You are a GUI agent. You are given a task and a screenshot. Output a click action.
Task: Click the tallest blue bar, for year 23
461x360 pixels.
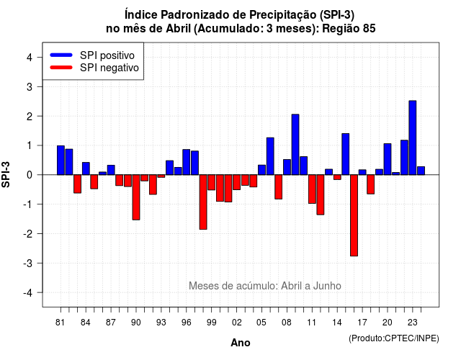pyautogui.click(x=413, y=138)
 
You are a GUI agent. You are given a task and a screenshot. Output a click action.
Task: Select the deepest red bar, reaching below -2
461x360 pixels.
pyautogui.click(x=354, y=215)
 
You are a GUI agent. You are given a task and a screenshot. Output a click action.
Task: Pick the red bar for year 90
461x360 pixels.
pyautogui.click(x=136, y=197)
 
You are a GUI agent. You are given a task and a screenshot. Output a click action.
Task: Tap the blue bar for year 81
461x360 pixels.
pyautogui.click(x=61, y=160)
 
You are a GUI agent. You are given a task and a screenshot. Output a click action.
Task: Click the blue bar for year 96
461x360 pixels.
pyautogui.click(x=187, y=162)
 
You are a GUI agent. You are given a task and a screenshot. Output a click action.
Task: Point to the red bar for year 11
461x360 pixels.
pyautogui.click(x=312, y=189)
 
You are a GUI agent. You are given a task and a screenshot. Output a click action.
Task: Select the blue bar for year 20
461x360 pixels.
pyautogui.click(x=388, y=159)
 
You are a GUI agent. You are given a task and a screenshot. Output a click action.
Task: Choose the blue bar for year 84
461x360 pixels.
pyautogui.click(x=86, y=168)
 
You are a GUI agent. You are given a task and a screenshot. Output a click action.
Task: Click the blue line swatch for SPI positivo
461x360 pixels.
pyautogui.click(x=61, y=55)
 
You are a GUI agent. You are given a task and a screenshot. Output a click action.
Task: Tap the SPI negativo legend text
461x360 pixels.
pyautogui.click(x=109, y=68)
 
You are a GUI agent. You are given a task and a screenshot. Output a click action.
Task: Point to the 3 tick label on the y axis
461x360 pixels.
pyautogui.click(x=30, y=86)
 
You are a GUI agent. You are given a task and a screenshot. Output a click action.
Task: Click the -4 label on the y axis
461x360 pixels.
pyautogui.click(x=28, y=293)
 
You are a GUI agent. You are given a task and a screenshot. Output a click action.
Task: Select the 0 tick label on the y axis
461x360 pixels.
pyautogui.click(x=30, y=175)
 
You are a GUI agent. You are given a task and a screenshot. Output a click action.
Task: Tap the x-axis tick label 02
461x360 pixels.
pyautogui.click(x=237, y=323)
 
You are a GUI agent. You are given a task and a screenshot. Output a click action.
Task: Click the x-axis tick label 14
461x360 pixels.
pyautogui.click(x=337, y=323)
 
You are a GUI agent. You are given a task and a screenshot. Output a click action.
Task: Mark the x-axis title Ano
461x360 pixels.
pyautogui.click(x=241, y=343)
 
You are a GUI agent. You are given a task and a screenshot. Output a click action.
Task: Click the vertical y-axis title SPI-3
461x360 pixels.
pyautogui.click(x=6, y=174)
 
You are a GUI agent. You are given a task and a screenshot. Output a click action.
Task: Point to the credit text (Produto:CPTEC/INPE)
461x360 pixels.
pyautogui.click(x=394, y=338)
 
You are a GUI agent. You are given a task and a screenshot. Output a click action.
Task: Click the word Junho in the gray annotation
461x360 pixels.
pyautogui.click(x=327, y=286)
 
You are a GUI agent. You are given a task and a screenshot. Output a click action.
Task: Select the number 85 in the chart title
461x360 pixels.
pyautogui.click(x=369, y=29)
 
